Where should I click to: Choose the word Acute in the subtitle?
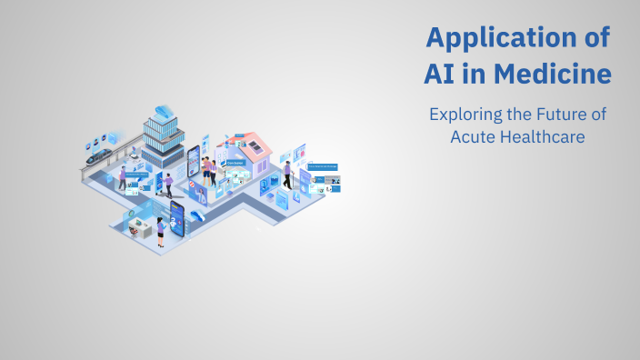pyautogui.click(x=474, y=136)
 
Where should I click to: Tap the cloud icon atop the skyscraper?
pyautogui.click(x=164, y=111)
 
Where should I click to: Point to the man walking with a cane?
pyautogui.click(x=168, y=185)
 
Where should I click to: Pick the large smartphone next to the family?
pyautogui.click(x=194, y=165)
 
